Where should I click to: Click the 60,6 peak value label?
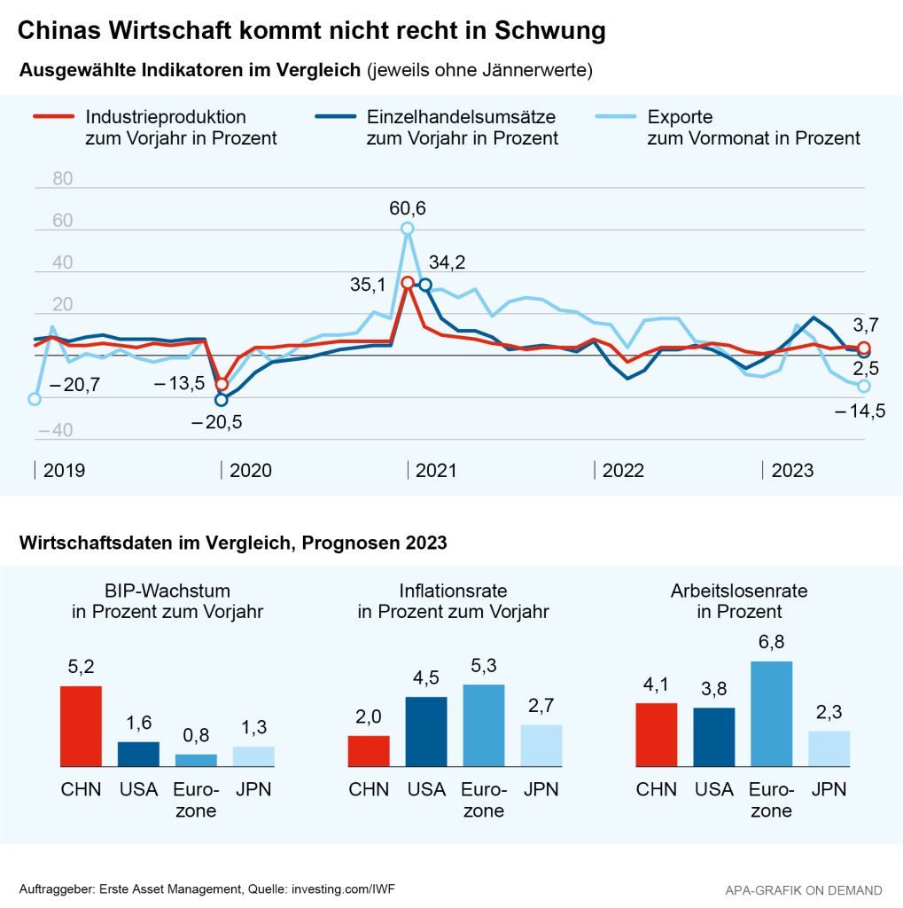pyautogui.click(x=408, y=209)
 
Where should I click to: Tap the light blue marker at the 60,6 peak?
pyautogui.click(x=408, y=229)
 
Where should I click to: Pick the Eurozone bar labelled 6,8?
pyautogui.click(x=771, y=714)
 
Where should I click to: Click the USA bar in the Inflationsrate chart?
pyautogui.click(x=426, y=732)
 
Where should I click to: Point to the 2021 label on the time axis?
pyautogui.click(x=436, y=470)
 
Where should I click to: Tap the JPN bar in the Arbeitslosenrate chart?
pyautogui.click(x=829, y=748)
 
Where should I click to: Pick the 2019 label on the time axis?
pyautogui.click(x=64, y=470)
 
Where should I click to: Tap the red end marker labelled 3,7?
pyautogui.click(x=864, y=348)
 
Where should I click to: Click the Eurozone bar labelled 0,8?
pyautogui.click(x=196, y=760)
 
